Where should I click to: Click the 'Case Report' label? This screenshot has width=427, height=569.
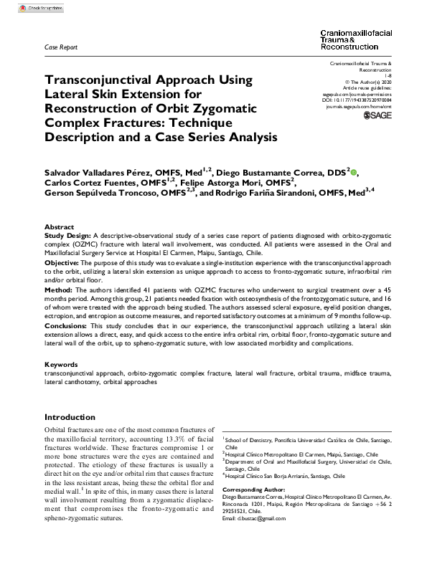tap(60, 47)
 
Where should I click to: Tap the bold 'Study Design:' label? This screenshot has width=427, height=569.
tap(67, 234)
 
